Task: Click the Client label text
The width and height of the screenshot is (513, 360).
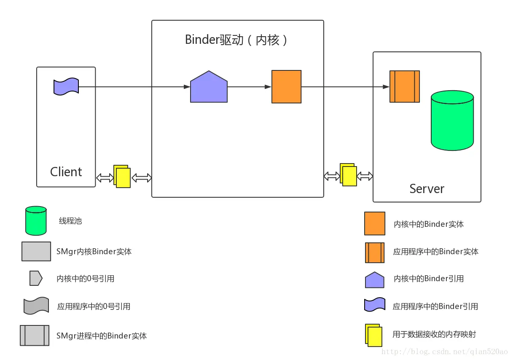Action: [66, 172]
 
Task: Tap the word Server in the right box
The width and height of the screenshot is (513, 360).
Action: [427, 188]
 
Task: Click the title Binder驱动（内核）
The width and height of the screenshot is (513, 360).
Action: [237, 40]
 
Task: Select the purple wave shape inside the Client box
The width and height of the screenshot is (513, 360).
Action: [66, 86]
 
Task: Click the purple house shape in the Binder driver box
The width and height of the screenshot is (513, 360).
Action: [209, 87]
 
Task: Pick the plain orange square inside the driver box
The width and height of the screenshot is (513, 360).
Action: [286, 87]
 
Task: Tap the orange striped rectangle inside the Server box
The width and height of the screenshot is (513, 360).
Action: [404, 87]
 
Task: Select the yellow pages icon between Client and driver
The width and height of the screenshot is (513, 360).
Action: [122, 177]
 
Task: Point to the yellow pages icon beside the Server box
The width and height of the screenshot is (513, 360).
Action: [348, 175]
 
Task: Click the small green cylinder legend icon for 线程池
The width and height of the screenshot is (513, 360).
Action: [36, 220]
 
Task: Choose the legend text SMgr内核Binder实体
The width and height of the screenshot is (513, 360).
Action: [94, 252]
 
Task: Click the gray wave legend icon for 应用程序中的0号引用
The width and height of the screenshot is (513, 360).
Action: [36, 306]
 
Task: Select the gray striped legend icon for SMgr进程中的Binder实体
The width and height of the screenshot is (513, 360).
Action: [35, 336]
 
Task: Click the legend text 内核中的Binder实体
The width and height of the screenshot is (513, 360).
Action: [429, 224]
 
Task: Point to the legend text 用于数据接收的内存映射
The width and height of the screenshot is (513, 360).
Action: [434, 334]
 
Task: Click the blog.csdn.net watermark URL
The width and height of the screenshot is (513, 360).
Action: [444, 351]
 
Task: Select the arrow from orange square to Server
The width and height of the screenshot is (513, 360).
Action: [345, 87]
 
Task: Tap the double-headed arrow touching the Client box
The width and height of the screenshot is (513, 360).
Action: [105, 178]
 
